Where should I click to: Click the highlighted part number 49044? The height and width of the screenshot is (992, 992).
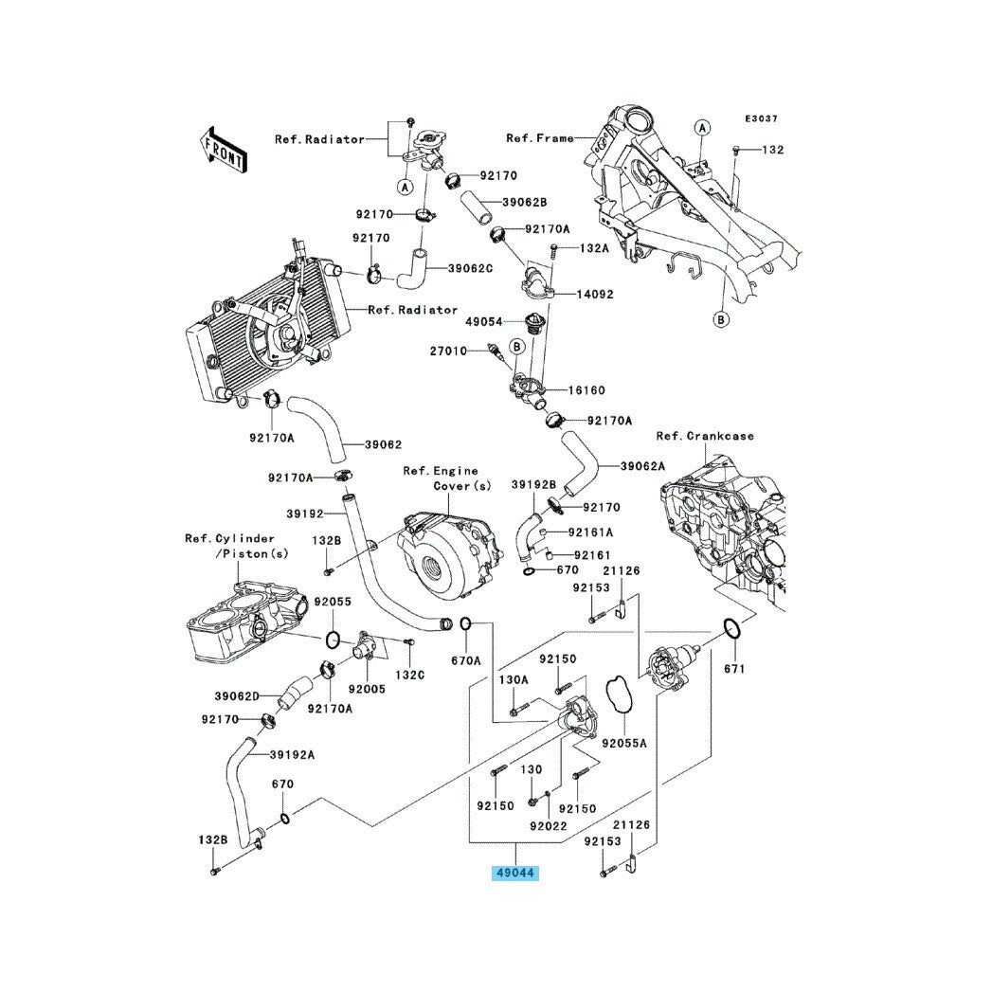pos(514,872)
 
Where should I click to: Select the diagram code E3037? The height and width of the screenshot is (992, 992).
pos(761,118)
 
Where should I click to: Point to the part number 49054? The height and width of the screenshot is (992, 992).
pos(483,322)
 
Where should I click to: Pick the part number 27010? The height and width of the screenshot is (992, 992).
pos(450,352)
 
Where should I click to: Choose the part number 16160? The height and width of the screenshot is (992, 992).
pos(586,390)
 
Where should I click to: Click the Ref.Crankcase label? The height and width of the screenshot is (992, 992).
pos(706,436)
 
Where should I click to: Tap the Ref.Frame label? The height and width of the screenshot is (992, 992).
pos(539,138)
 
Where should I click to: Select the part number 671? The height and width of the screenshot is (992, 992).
pos(734,669)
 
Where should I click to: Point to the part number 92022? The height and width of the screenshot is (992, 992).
pos(548,826)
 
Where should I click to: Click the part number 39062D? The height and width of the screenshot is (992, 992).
pos(236,695)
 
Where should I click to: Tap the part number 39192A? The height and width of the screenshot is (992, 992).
pos(292,755)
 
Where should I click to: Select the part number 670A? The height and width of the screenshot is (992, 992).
pos(466,659)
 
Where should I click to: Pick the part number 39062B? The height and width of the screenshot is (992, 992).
pos(525,202)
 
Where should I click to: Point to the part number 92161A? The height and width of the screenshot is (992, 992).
pos(590,532)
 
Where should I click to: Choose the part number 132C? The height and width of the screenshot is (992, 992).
pos(410,675)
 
